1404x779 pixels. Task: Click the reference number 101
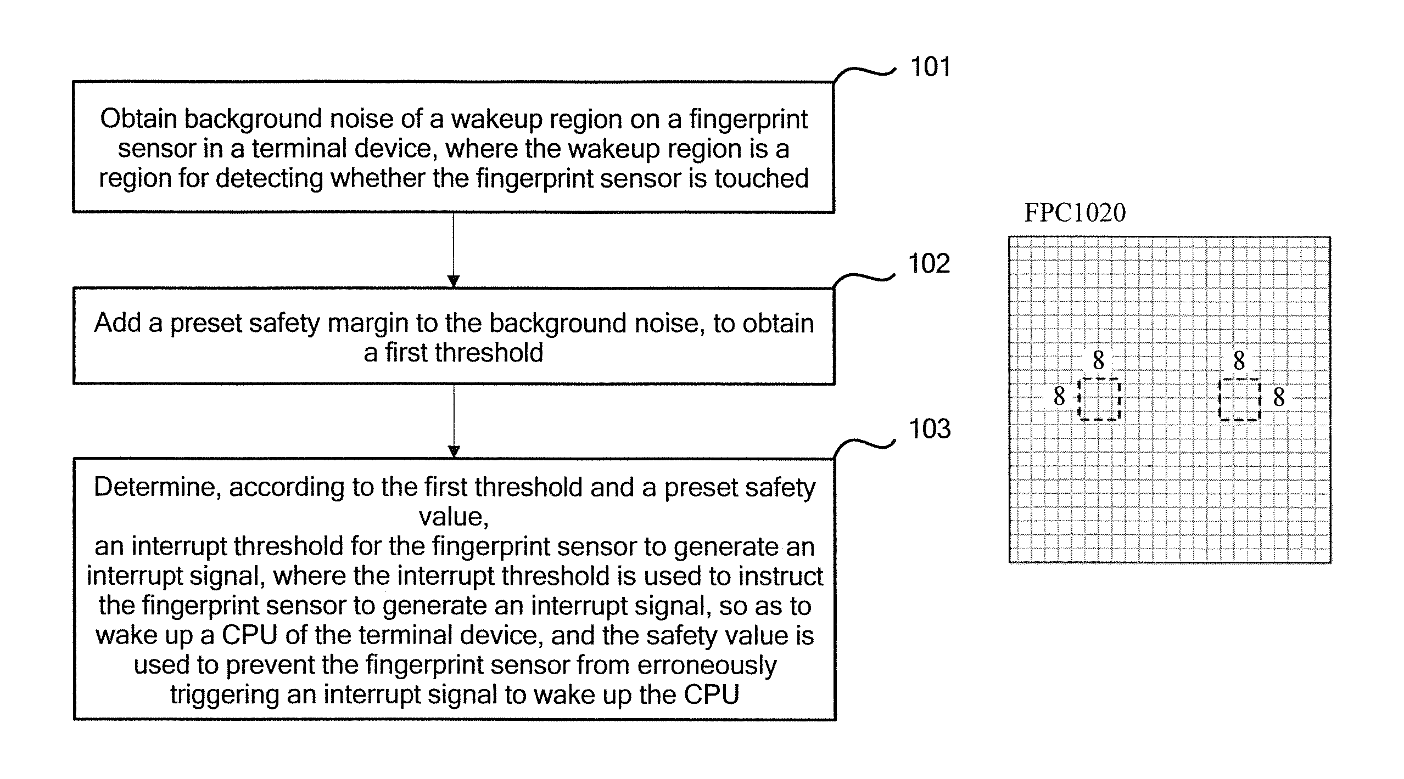click(x=930, y=67)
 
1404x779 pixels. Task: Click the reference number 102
click(x=928, y=264)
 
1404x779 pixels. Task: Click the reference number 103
click(x=930, y=429)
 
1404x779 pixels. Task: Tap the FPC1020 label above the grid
click(x=1075, y=213)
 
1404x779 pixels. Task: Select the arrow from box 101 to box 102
click(x=454, y=250)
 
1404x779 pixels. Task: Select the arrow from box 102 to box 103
click(x=454, y=421)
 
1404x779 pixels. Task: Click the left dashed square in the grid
click(x=1099, y=399)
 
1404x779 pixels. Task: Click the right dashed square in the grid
click(x=1239, y=399)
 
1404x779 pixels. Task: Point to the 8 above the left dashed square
click(x=1098, y=360)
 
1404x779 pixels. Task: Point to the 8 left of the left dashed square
click(x=1059, y=396)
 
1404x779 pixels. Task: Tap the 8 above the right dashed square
click(x=1239, y=360)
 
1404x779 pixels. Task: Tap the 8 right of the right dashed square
click(x=1279, y=397)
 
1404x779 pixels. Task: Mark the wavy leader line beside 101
click(x=865, y=74)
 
